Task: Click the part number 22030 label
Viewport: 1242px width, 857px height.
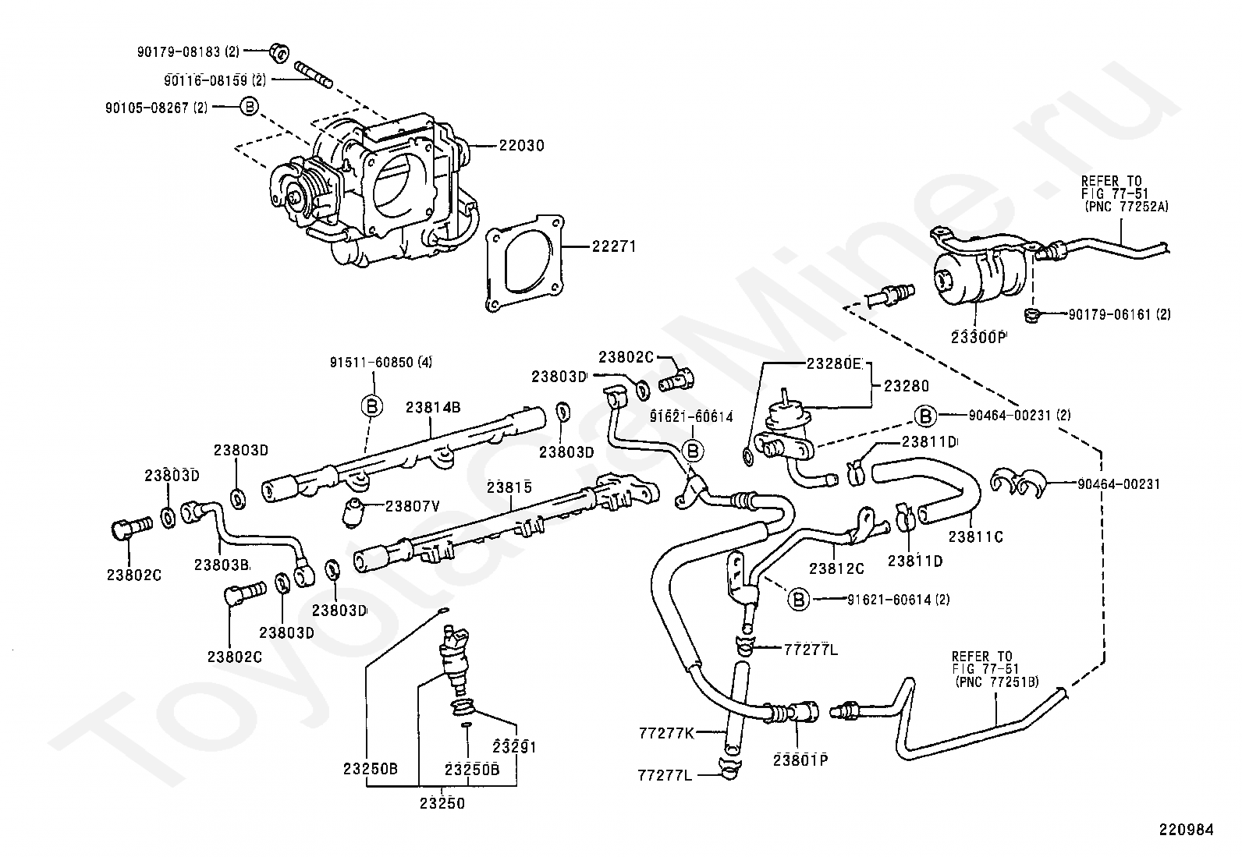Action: click(521, 146)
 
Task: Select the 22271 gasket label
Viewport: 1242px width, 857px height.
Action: click(614, 246)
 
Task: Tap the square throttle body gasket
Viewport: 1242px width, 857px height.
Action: click(524, 264)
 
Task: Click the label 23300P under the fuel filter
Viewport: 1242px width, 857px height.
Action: click(978, 337)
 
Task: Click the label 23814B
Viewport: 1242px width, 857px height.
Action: click(433, 407)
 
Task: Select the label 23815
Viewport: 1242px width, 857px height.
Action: click(509, 487)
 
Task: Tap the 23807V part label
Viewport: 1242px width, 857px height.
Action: click(413, 506)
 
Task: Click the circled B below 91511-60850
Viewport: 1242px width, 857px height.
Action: click(372, 407)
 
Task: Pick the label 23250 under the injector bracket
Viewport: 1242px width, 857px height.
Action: click(442, 803)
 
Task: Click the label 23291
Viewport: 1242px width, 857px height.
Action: click(515, 747)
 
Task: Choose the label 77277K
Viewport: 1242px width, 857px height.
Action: click(666, 733)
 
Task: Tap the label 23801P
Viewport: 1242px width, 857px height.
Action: click(800, 760)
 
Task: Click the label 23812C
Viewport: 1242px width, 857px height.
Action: click(836, 568)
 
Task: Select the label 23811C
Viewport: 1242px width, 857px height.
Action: click(976, 537)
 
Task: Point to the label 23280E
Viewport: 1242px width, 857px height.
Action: click(834, 363)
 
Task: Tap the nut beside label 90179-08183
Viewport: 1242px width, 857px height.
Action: click(279, 53)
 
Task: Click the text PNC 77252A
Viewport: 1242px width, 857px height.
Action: click(1128, 207)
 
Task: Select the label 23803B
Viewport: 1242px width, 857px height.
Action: click(222, 565)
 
